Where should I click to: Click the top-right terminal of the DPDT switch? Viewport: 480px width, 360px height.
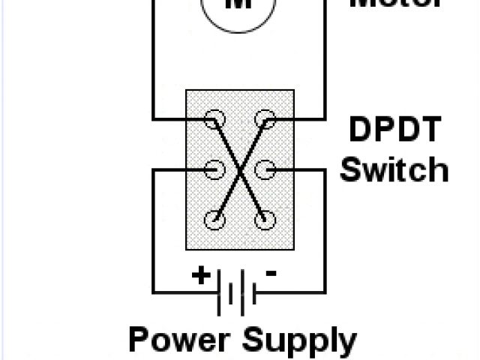point(263,119)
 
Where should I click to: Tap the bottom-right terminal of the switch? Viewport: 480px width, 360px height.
point(263,220)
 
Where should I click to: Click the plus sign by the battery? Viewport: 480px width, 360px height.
point(201,275)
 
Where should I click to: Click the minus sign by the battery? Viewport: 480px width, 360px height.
point(271,274)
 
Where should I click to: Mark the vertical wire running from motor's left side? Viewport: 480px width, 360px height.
point(154,60)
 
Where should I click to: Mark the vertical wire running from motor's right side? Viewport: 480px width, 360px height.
point(325,60)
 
